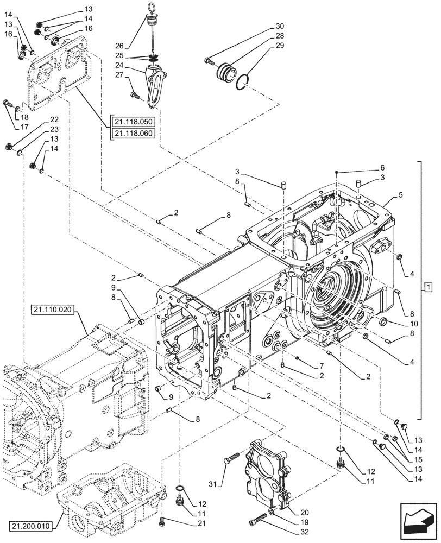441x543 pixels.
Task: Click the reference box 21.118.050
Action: click(x=133, y=122)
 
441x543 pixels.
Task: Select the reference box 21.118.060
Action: click(x=133, y=134)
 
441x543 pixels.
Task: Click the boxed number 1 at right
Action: click(x=429, y=286)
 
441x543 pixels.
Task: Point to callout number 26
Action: click(x=119, y=46)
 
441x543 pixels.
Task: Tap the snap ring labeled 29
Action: click(x=244, y=82)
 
